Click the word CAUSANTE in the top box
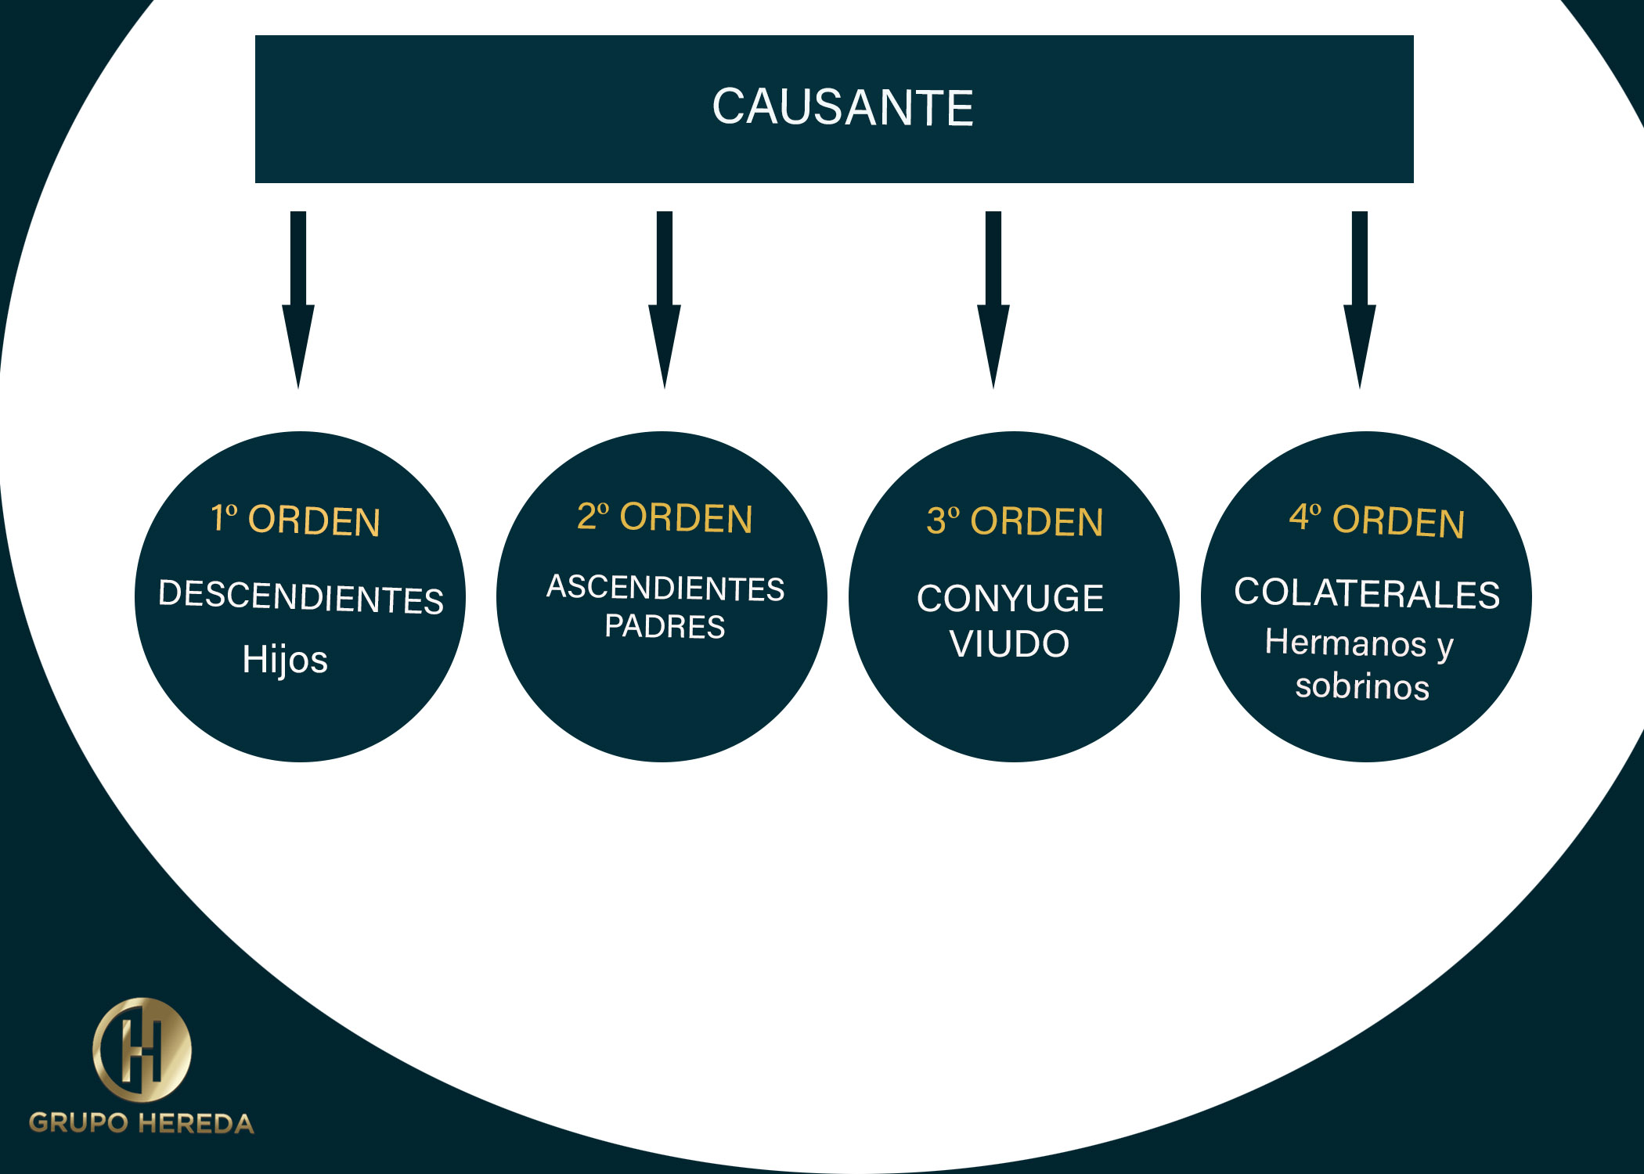pos(842,107)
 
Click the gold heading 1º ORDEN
pos(296,520)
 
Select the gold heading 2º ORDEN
pos(665,518)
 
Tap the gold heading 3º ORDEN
pos(1015,521)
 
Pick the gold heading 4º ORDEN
pos(1376,520)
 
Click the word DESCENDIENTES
pos(301,597)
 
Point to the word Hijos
pos(285,659)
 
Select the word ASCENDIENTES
pos(665,588)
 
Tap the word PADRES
pos(665,627)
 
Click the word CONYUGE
pos(1010,599)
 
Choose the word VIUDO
pos(1009,644)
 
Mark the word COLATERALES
pos(1367,593)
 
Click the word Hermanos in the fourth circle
pos(1345,643)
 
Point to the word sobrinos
pos(1362,686)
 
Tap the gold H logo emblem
pos(142,1050)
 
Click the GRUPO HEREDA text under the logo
pos(142,1123)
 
